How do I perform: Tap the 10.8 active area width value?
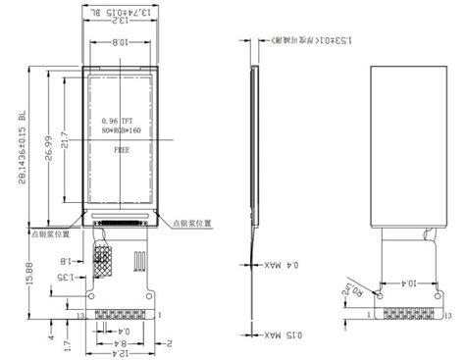[x=118, y=42]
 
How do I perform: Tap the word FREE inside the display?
[x=124, y=152]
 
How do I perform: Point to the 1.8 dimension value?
[x=67, y=262]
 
